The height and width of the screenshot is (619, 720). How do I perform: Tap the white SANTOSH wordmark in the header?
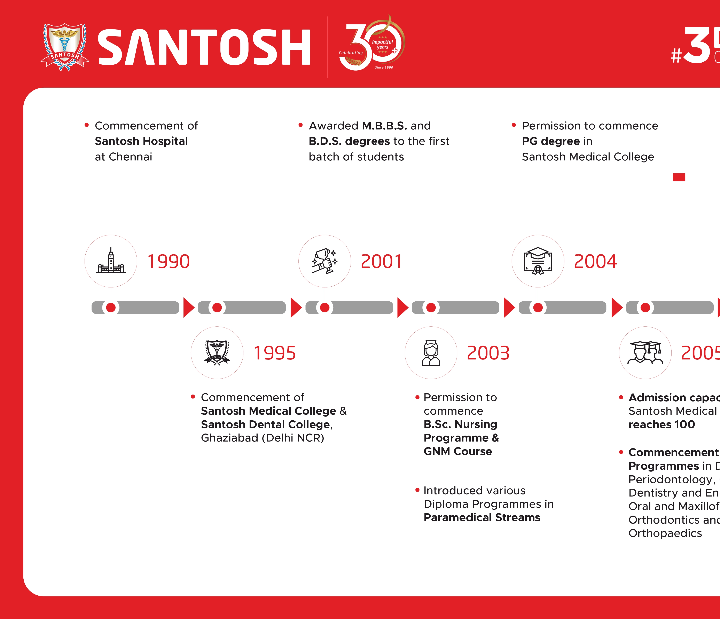pyautogui.click(x=204, y=47)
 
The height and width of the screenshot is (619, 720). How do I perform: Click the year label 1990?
pyautogui.click(x=169, y=262)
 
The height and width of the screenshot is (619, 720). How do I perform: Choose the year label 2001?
pyautogui.click(x=381, y=262)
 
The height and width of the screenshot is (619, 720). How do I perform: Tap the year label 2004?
pyautogui.click(x=595, y=262)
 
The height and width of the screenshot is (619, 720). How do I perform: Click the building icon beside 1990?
pyautogui.click(x=111, y=261)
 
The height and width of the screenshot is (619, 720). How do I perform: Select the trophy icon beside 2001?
pyautogui.click(x=324, y=261)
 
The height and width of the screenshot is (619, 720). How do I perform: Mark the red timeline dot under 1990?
pyautogui.click(x=111, y=307)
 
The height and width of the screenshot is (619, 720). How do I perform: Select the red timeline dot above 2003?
pyautogui.click(x=431, y=307)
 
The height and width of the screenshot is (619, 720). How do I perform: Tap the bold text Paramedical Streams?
pyautogui.click(x=482, y=518)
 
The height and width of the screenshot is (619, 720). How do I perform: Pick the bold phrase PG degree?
pyautogui.click(x=551, y=141)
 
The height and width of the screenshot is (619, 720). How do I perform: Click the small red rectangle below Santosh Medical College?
pyautogui.click(x=679, y=177)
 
